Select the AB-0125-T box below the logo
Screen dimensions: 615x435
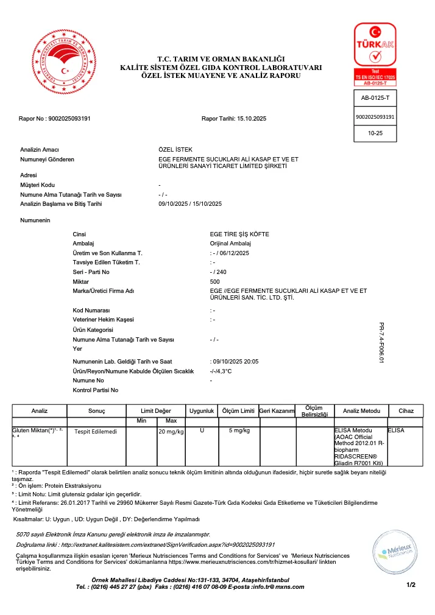coord(375,97)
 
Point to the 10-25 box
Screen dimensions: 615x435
coord(375,133)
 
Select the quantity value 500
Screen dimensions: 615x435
coord(215,281)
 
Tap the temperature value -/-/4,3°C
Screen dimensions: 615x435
coord(221,371)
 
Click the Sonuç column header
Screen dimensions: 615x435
coord(97,411)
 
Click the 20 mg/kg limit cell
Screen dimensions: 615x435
coord(171,432)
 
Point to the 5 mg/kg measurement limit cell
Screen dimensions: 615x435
coord(238,431)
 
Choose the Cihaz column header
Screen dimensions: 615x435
coord(405,411)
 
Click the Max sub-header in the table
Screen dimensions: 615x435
coord(171,421)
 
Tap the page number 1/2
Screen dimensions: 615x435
coord(410,585)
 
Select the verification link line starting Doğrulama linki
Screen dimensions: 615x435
coord(146,544)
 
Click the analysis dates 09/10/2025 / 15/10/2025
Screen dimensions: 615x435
coord(190,203)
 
